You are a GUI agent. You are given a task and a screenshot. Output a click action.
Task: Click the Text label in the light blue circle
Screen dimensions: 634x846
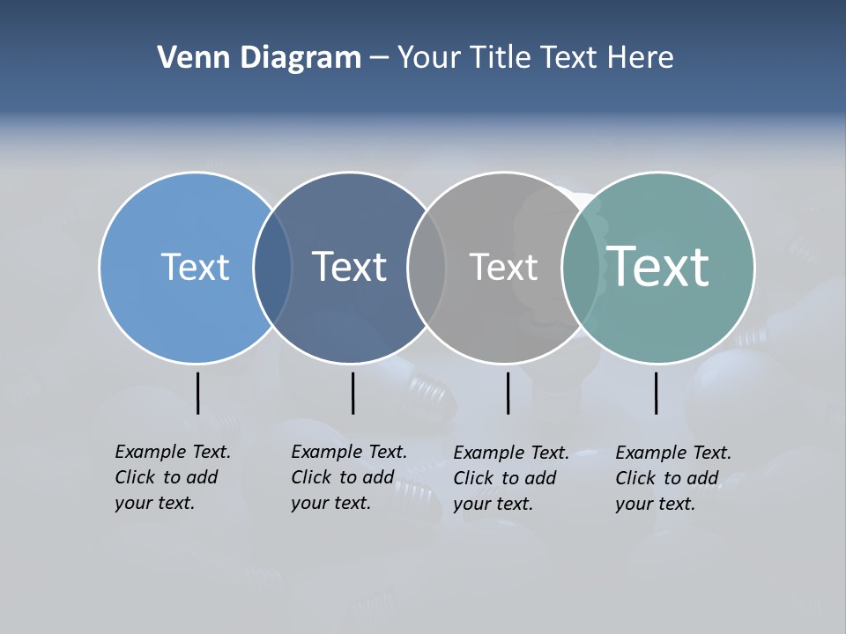[x=195, y=267]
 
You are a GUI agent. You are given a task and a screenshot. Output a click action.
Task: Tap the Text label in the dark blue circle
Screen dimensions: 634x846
[x=350, y=267]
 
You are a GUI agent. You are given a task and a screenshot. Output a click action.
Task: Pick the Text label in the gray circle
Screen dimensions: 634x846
[x=503, y=267]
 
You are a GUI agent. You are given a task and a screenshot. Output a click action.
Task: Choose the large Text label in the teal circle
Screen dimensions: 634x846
[x=658, y=266]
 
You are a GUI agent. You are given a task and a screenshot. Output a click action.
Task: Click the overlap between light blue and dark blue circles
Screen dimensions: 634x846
[x=272, y=268]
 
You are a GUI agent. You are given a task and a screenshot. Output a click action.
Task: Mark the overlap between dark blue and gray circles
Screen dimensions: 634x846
[x=427, y=268]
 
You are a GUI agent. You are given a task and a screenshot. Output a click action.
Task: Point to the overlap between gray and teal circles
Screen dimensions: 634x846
[x=581, y=268]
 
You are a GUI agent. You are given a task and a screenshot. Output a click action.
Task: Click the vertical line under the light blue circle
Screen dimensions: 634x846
[x=197, y=393]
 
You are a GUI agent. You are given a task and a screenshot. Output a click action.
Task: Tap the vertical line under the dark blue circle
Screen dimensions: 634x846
[x=352, y=393]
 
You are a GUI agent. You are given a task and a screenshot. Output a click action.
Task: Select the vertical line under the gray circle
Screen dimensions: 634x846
[x=508, y=393]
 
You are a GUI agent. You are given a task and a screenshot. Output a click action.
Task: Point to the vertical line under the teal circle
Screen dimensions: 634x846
[x=656, y=393]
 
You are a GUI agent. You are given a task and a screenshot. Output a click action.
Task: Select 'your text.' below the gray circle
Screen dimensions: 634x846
[x=493, y=504]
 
